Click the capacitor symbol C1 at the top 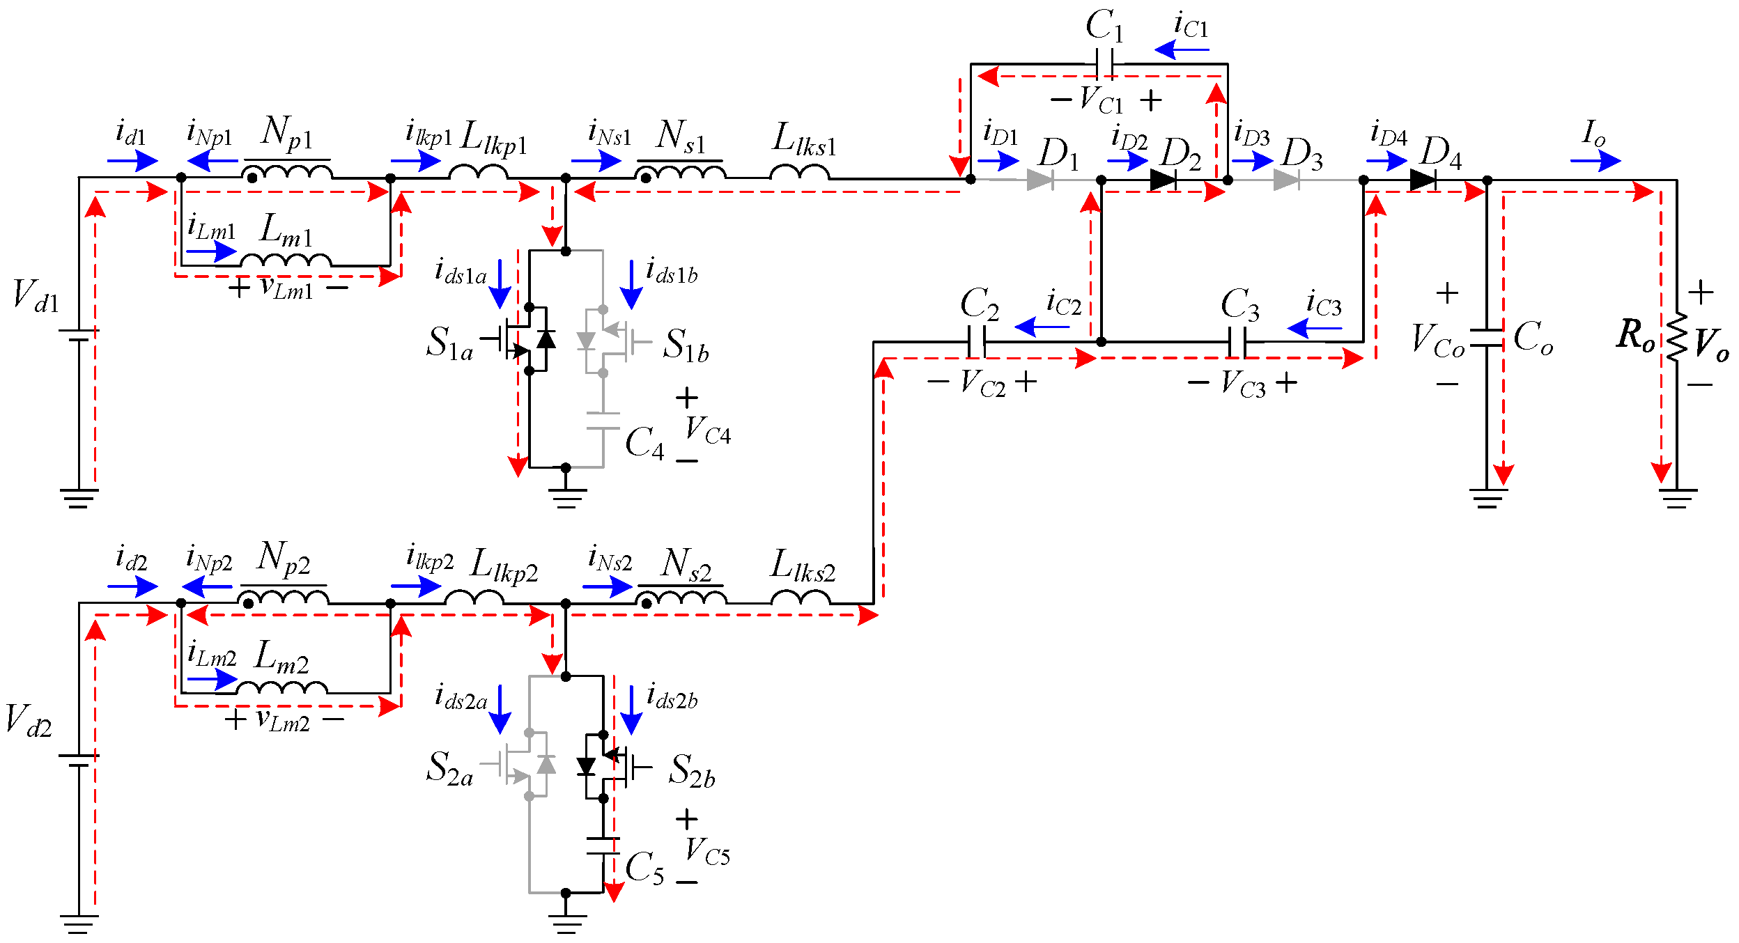click(1104, 63)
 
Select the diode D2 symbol click(1164, 180)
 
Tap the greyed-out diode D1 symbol click(1040, 180)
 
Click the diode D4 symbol click(1422, 180)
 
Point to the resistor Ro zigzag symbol click(1676, 337)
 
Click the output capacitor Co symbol click(1487, 338)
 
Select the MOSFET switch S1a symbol click(523, 341)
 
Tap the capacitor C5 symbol click(603, 845)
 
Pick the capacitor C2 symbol click(976, 342)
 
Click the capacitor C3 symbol click(1237, 342)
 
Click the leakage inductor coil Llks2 click(801, 598)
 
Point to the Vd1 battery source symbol click(79, 335)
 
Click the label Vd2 click(29, 720)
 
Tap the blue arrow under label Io click(1595, 161)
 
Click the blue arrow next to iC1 click(1182, 49)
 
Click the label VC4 click(707, 430)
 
